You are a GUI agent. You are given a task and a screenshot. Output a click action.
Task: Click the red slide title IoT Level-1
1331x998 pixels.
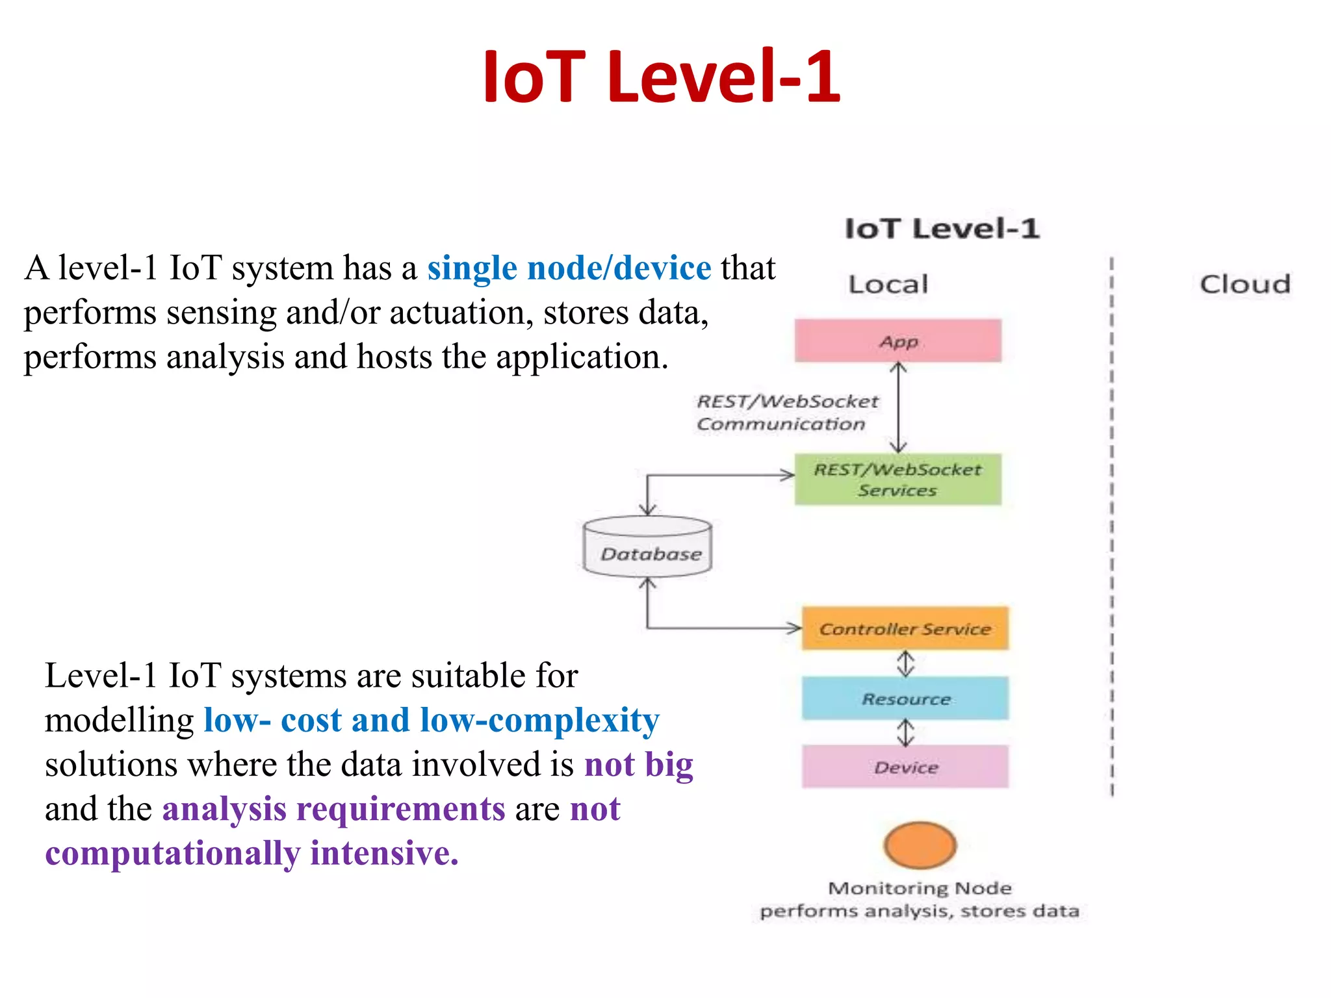(x=662, y=77)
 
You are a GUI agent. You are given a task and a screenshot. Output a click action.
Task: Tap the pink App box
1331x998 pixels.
(x=898, y=340)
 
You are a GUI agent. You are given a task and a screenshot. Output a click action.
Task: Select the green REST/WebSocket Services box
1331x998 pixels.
(x=898, y=480)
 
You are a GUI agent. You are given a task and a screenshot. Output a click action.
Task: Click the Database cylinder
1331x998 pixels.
(x=648, y=548)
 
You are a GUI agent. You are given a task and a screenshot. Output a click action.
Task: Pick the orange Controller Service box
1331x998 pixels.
(x=905, y=628)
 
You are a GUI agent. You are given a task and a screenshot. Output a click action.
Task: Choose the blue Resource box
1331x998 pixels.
(x=905, y=698)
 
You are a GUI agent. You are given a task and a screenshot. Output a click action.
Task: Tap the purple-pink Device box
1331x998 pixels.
(x=905, y=767)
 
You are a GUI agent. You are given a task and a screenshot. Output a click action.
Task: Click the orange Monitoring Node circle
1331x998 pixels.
(x=920, y=845)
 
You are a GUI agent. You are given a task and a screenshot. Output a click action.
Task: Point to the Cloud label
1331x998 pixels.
(x=1245, y=285)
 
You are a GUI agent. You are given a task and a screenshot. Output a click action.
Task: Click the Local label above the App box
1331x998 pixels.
(x=888, y=285)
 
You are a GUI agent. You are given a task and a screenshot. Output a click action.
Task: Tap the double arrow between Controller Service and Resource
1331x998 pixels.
(x=905, y=663)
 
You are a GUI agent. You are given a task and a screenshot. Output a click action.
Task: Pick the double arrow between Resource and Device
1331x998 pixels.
(x=905, y=732)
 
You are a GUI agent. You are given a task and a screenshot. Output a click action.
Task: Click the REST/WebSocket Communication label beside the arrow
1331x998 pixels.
(x=786, y=413)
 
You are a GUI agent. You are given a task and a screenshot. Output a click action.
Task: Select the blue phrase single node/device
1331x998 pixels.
(x=569, y=268)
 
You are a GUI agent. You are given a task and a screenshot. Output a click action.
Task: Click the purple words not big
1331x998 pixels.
(x=638, y=764)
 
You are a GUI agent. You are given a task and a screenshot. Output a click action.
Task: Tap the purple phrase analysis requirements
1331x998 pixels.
(x=333, y=809)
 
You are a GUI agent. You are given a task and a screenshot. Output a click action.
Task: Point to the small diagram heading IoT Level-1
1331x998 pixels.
(x=942, y=229)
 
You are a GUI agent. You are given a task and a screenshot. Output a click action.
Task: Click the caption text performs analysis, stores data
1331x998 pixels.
(x=919, y=911)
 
